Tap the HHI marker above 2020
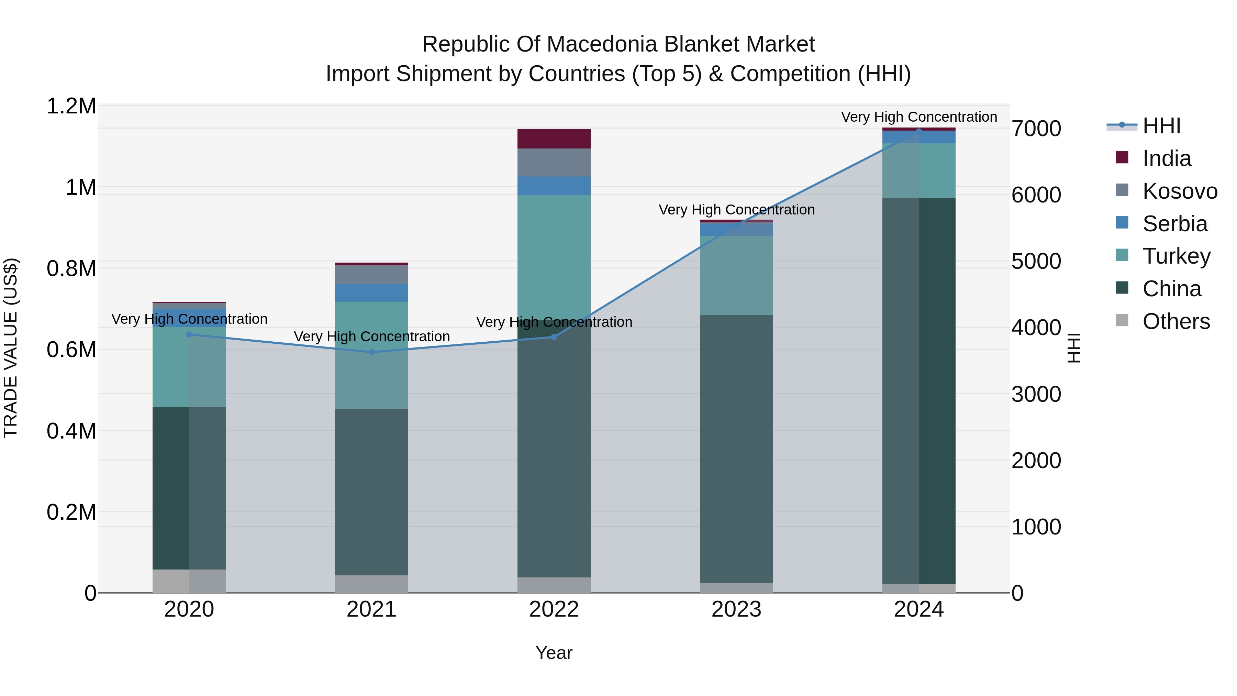point(189,335)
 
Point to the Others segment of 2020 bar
point(189,581)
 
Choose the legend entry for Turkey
point(1176,256)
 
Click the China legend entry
point(1171,289)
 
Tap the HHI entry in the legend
point(1161,126)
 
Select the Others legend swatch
point(1122,320)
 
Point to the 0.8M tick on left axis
point(71,268)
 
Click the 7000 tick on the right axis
point(1036,129)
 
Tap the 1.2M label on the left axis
point(71,106)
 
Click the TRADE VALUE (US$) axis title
point(11,348)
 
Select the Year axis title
point(554,653)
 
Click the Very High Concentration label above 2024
point(918,117)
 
